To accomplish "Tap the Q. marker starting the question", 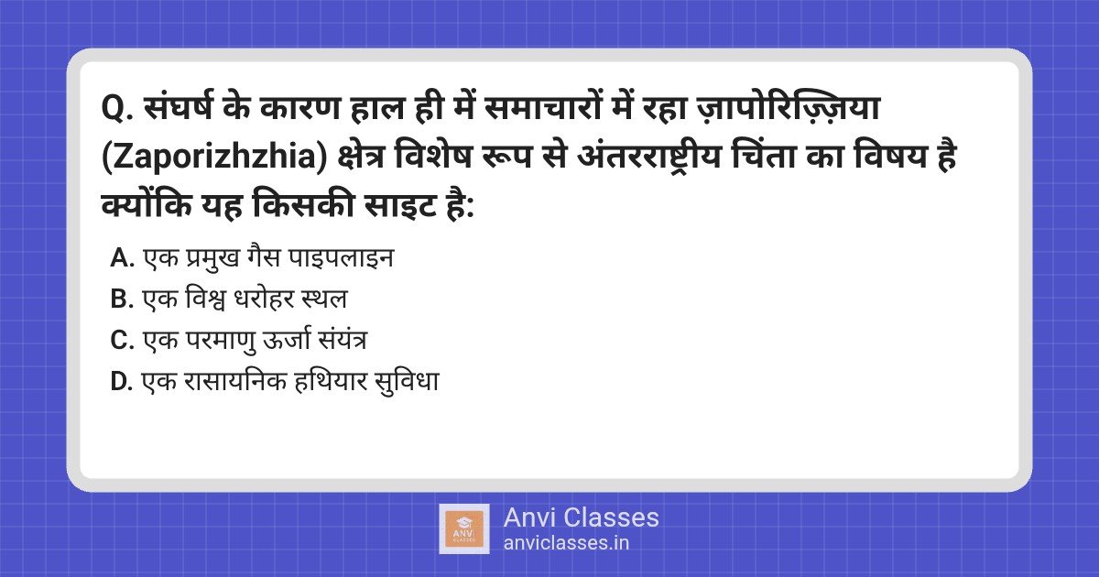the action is pos(118,109).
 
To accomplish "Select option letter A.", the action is pos(122,258).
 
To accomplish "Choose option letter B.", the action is pos(122,299).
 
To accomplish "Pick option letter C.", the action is pos(122,340).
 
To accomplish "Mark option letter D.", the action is pos(122,381).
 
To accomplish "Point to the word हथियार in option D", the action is pos(331,381).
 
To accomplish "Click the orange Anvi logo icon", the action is pos(464,529).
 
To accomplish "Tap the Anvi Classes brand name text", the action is pos(581,517).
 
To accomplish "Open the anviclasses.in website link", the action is pos(566,543).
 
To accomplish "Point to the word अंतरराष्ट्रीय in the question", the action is pos(649,157).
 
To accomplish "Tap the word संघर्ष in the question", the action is pos(178,107).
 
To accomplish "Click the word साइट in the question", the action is pos(401,205).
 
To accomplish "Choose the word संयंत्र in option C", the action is pos(342,340).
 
